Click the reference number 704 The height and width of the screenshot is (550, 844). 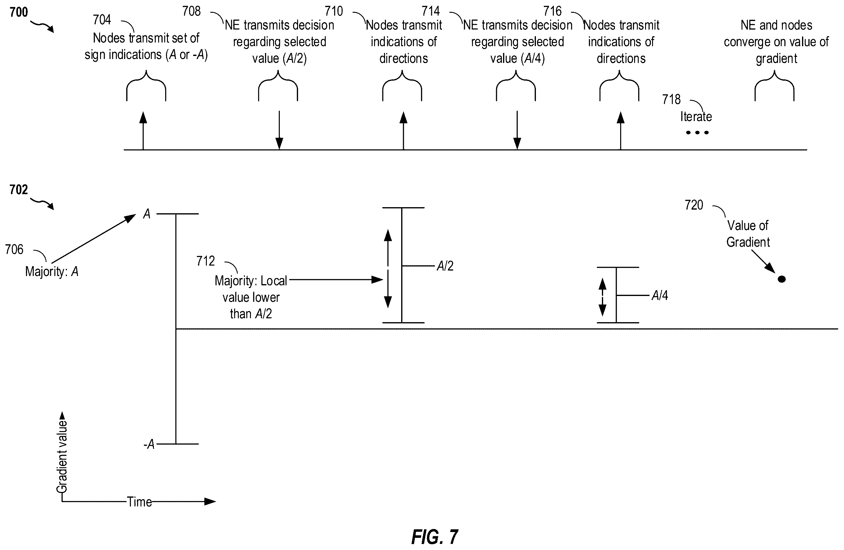click(102, 19)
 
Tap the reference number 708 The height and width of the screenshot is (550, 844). click(192, 11)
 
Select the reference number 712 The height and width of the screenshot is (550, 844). click(206, 261)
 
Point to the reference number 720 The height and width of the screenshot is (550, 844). click(694, 205)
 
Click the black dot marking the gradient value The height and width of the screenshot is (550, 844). click(782, 279)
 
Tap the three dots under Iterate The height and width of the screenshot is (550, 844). click(697, 133)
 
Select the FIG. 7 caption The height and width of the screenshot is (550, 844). click(435, 537)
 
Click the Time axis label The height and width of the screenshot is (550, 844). click(139, 502)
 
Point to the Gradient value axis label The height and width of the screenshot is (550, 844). click(62, 457)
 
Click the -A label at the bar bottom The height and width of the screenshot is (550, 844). click(149, 444)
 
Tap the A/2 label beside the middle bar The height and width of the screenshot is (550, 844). click(445, 266)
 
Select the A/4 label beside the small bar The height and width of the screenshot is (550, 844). click(660, 295)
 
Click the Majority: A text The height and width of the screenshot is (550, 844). click(52, 272)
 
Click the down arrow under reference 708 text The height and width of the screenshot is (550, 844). click(280, 130)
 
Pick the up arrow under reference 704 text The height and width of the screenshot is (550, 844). click(143, 131)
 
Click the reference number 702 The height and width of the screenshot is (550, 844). click(19, 190)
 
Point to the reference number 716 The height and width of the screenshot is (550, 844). click(553, 11)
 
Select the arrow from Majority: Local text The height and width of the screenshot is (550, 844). click(336, 280)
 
